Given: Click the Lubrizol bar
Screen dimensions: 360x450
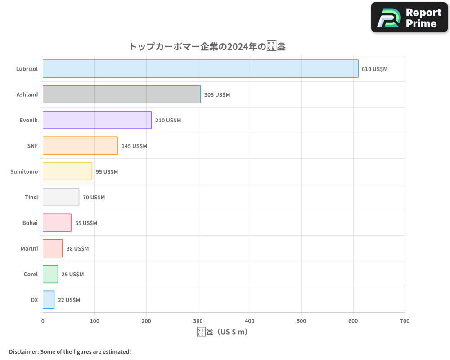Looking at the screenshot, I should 200,69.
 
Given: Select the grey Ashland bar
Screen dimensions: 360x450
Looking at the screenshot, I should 121,94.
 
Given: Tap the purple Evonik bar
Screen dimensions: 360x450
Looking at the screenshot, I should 97,120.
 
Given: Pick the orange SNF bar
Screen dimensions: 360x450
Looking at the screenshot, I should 80,146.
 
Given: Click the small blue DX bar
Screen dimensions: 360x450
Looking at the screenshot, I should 49,300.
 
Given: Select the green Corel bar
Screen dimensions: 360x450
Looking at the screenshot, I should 50,274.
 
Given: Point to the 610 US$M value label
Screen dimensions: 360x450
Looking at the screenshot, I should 374,69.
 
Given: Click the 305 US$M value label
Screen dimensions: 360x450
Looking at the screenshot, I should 217,95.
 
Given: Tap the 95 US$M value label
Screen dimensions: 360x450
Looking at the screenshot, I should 107,172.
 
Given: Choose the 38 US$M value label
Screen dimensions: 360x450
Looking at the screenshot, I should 77,249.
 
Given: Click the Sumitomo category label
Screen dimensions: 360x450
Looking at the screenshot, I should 24,172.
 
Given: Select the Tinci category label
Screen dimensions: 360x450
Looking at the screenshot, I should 31,198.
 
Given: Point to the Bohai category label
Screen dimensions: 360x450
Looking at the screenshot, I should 30,223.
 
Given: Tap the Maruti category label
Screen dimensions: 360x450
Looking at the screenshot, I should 29,249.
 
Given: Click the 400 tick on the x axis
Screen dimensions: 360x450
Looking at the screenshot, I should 250,321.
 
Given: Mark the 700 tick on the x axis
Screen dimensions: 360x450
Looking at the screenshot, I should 405,321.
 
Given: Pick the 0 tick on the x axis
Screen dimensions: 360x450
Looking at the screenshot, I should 43,321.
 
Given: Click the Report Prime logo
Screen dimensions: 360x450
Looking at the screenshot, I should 409,18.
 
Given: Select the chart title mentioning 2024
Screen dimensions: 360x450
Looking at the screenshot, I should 207,46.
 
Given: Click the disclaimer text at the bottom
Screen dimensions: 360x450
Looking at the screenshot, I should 70,351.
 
